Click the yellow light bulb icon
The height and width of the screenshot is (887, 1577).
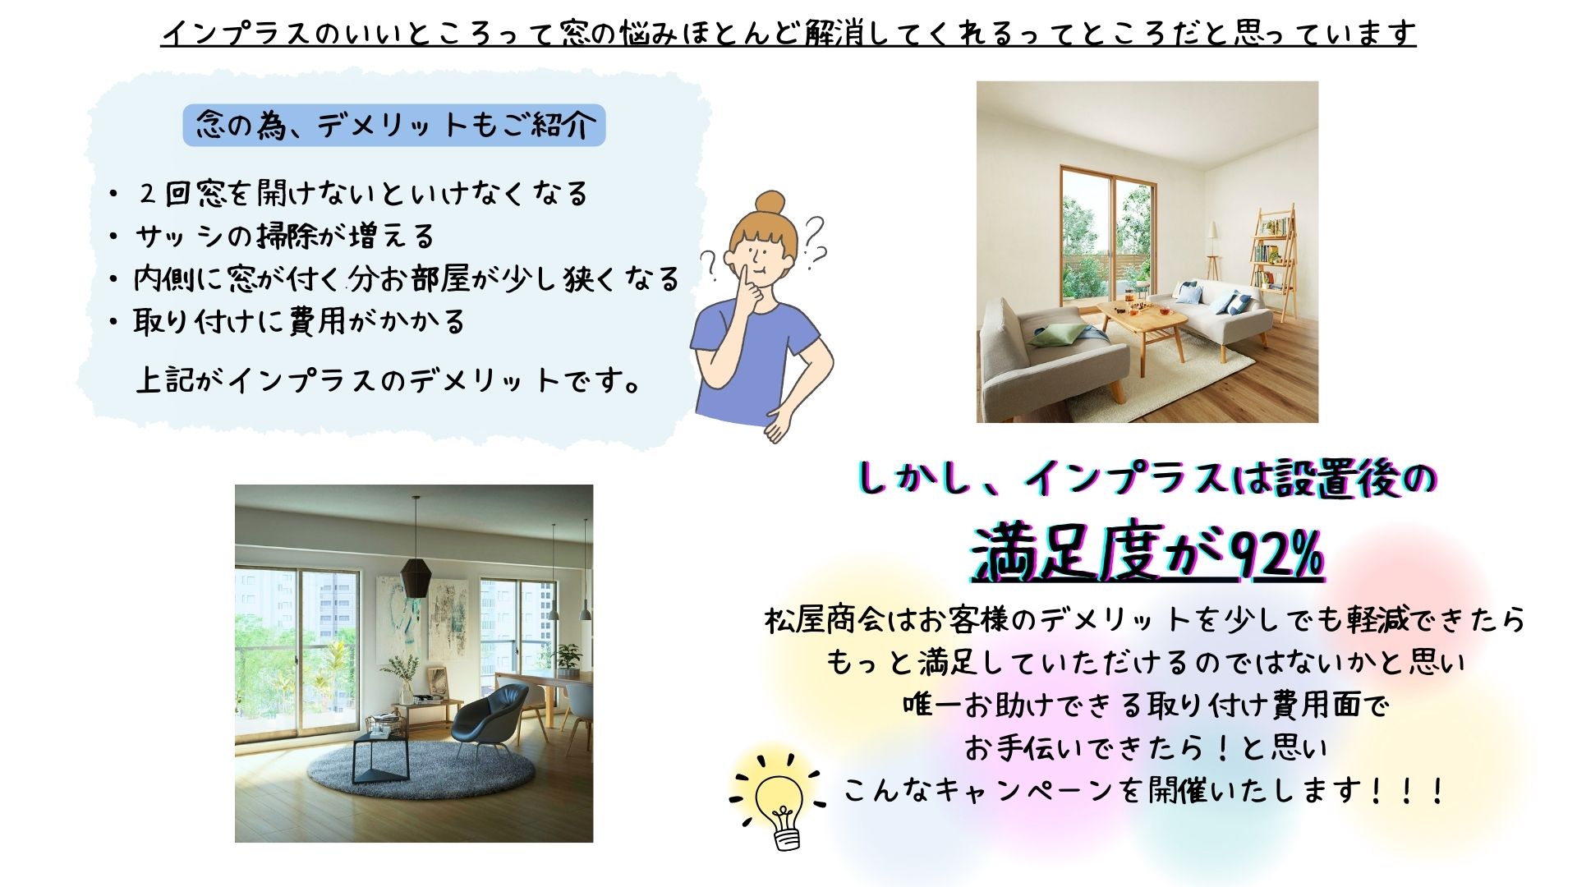[x=779, y=802]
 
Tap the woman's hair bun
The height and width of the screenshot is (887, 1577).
[x=770, y=202]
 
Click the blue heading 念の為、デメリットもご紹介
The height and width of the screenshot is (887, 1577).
[x=394, y=126]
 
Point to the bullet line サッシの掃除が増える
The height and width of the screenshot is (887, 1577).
[x=284, y=237]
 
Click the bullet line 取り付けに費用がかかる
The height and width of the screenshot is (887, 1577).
[x=299, y=321]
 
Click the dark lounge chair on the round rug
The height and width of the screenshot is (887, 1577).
[x=490, y=719]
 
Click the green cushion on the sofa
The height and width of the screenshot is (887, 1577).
[x=1056, y=334]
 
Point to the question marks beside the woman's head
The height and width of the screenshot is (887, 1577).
[x=813, y=242]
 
